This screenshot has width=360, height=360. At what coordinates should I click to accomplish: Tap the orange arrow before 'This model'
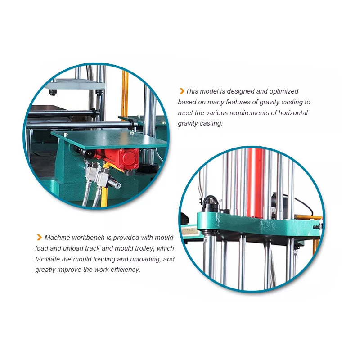click(x=182, y=91)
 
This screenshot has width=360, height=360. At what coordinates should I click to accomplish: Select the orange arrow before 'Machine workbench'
click(x=39, y=238)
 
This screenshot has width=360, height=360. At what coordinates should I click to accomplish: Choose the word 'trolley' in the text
click(x=142, y=248)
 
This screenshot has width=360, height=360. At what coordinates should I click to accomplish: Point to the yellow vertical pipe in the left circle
click(x=125, y=94)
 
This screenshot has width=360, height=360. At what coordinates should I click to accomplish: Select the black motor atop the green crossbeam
click(x=210, y=203)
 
